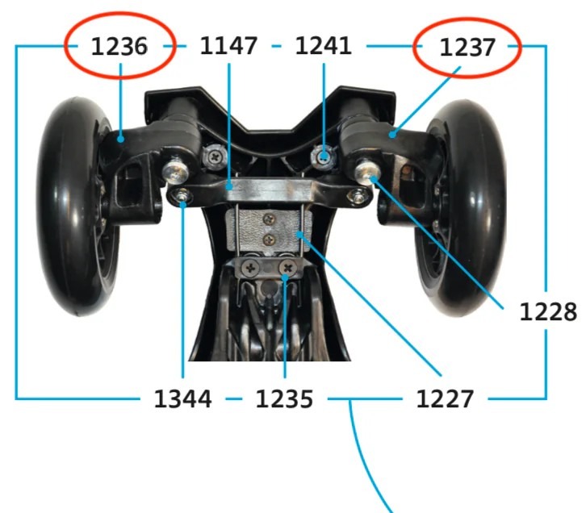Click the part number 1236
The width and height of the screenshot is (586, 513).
119,47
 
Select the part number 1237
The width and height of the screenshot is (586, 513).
467,48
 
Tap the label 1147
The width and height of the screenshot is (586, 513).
228,46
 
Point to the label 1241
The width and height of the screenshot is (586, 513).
323,46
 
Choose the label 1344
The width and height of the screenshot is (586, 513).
182,398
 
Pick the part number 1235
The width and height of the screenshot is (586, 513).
284,398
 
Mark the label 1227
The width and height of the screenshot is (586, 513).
445,398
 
